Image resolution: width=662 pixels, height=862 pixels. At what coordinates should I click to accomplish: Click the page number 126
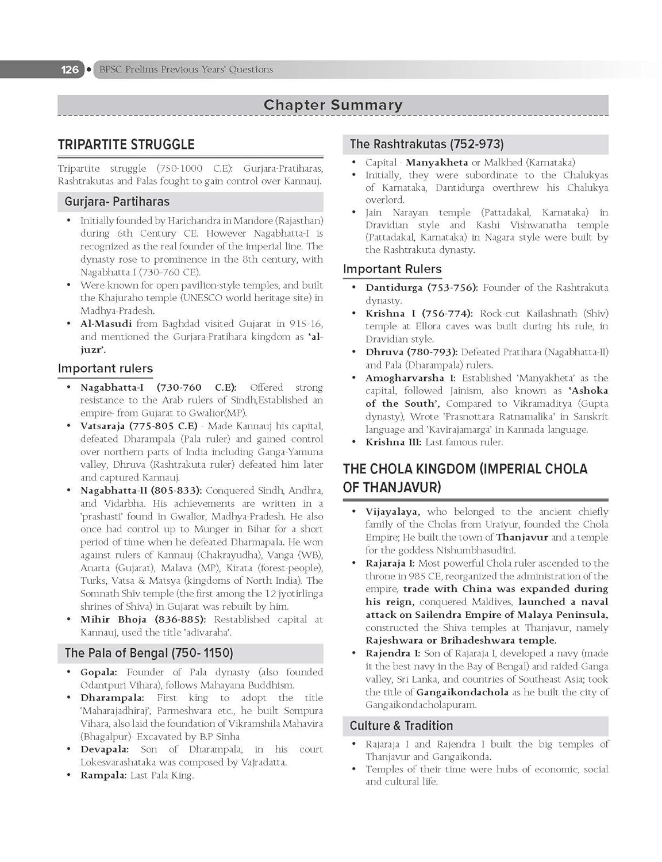[x=70, y=70]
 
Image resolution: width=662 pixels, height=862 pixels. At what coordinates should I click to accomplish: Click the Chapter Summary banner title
[x=333, y=105]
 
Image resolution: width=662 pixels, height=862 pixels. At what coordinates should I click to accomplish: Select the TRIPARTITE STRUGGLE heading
[x=126, y=144]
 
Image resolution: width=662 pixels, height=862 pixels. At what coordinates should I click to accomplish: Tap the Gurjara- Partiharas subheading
[x=117, y=202]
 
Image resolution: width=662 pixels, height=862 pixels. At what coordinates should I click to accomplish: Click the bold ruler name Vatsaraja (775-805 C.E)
[x=138, y=426]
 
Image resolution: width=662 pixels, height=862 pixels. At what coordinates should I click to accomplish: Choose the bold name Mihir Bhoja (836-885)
[x=144, y=619]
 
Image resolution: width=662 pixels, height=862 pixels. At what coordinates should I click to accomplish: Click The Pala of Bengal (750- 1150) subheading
[x=148, y=653]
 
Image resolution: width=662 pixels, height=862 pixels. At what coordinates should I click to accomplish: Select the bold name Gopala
[x=98, y=672]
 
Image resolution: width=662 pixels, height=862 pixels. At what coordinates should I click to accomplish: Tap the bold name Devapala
[x=104, y=749]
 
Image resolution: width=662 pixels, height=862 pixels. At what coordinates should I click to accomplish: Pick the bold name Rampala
[x=103, y=775]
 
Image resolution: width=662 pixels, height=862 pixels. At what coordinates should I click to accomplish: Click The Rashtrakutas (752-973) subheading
[x=426, y=144]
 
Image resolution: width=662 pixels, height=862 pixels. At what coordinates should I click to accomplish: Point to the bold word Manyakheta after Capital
[x=437, y=163]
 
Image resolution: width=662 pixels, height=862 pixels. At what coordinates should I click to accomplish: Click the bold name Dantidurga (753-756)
[x=421, y=287]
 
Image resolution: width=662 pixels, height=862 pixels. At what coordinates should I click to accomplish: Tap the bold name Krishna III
[x=394, y=442]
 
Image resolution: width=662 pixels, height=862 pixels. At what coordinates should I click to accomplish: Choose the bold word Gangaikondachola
[x=462, y=692]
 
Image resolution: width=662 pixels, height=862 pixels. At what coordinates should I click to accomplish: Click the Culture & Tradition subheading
[x=401, y=726]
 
